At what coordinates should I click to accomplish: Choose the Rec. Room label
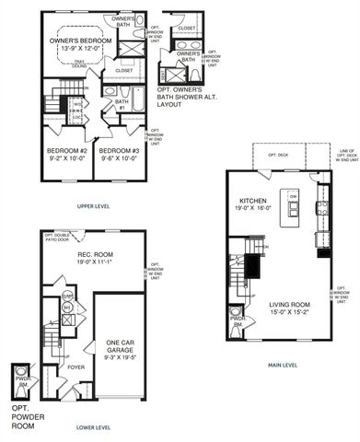(x=94, y=255)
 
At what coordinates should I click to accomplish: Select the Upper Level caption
(x=93, y=206)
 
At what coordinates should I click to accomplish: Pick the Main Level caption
(x=284, y=366)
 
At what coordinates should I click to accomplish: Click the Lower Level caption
(x=93, y=427)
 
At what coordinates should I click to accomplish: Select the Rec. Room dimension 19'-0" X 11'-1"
(x=94, y=264)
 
